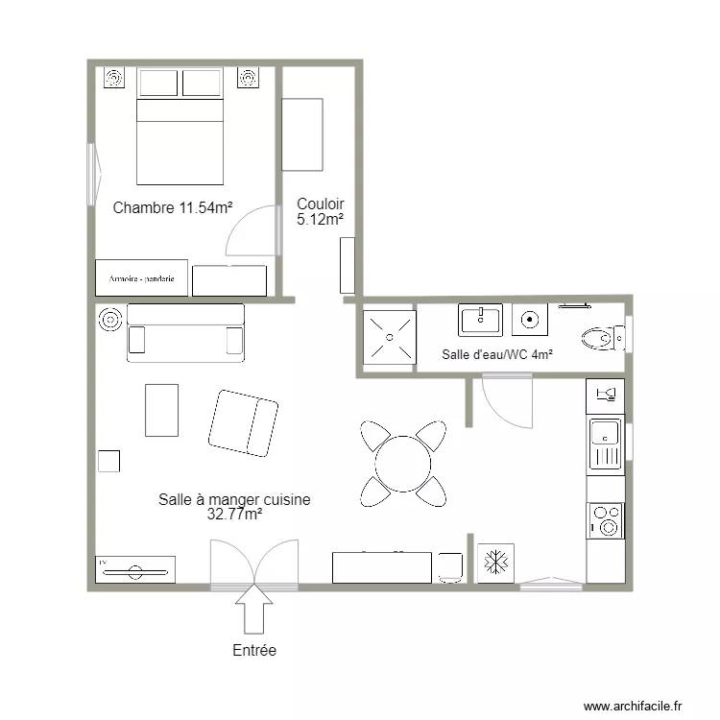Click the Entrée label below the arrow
(254, 650)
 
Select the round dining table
(403, 464)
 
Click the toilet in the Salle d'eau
(601, 336)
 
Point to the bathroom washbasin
(480, 320)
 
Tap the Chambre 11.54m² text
(175, 207)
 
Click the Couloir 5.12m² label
(320, 211)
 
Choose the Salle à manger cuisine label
(234, 506)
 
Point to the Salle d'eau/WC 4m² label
(497, 354)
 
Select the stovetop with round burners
(606, 519)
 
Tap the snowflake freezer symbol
(495, 563)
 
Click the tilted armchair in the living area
(244, 422)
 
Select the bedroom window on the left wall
(93, 174)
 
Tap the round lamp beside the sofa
(109, 319)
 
